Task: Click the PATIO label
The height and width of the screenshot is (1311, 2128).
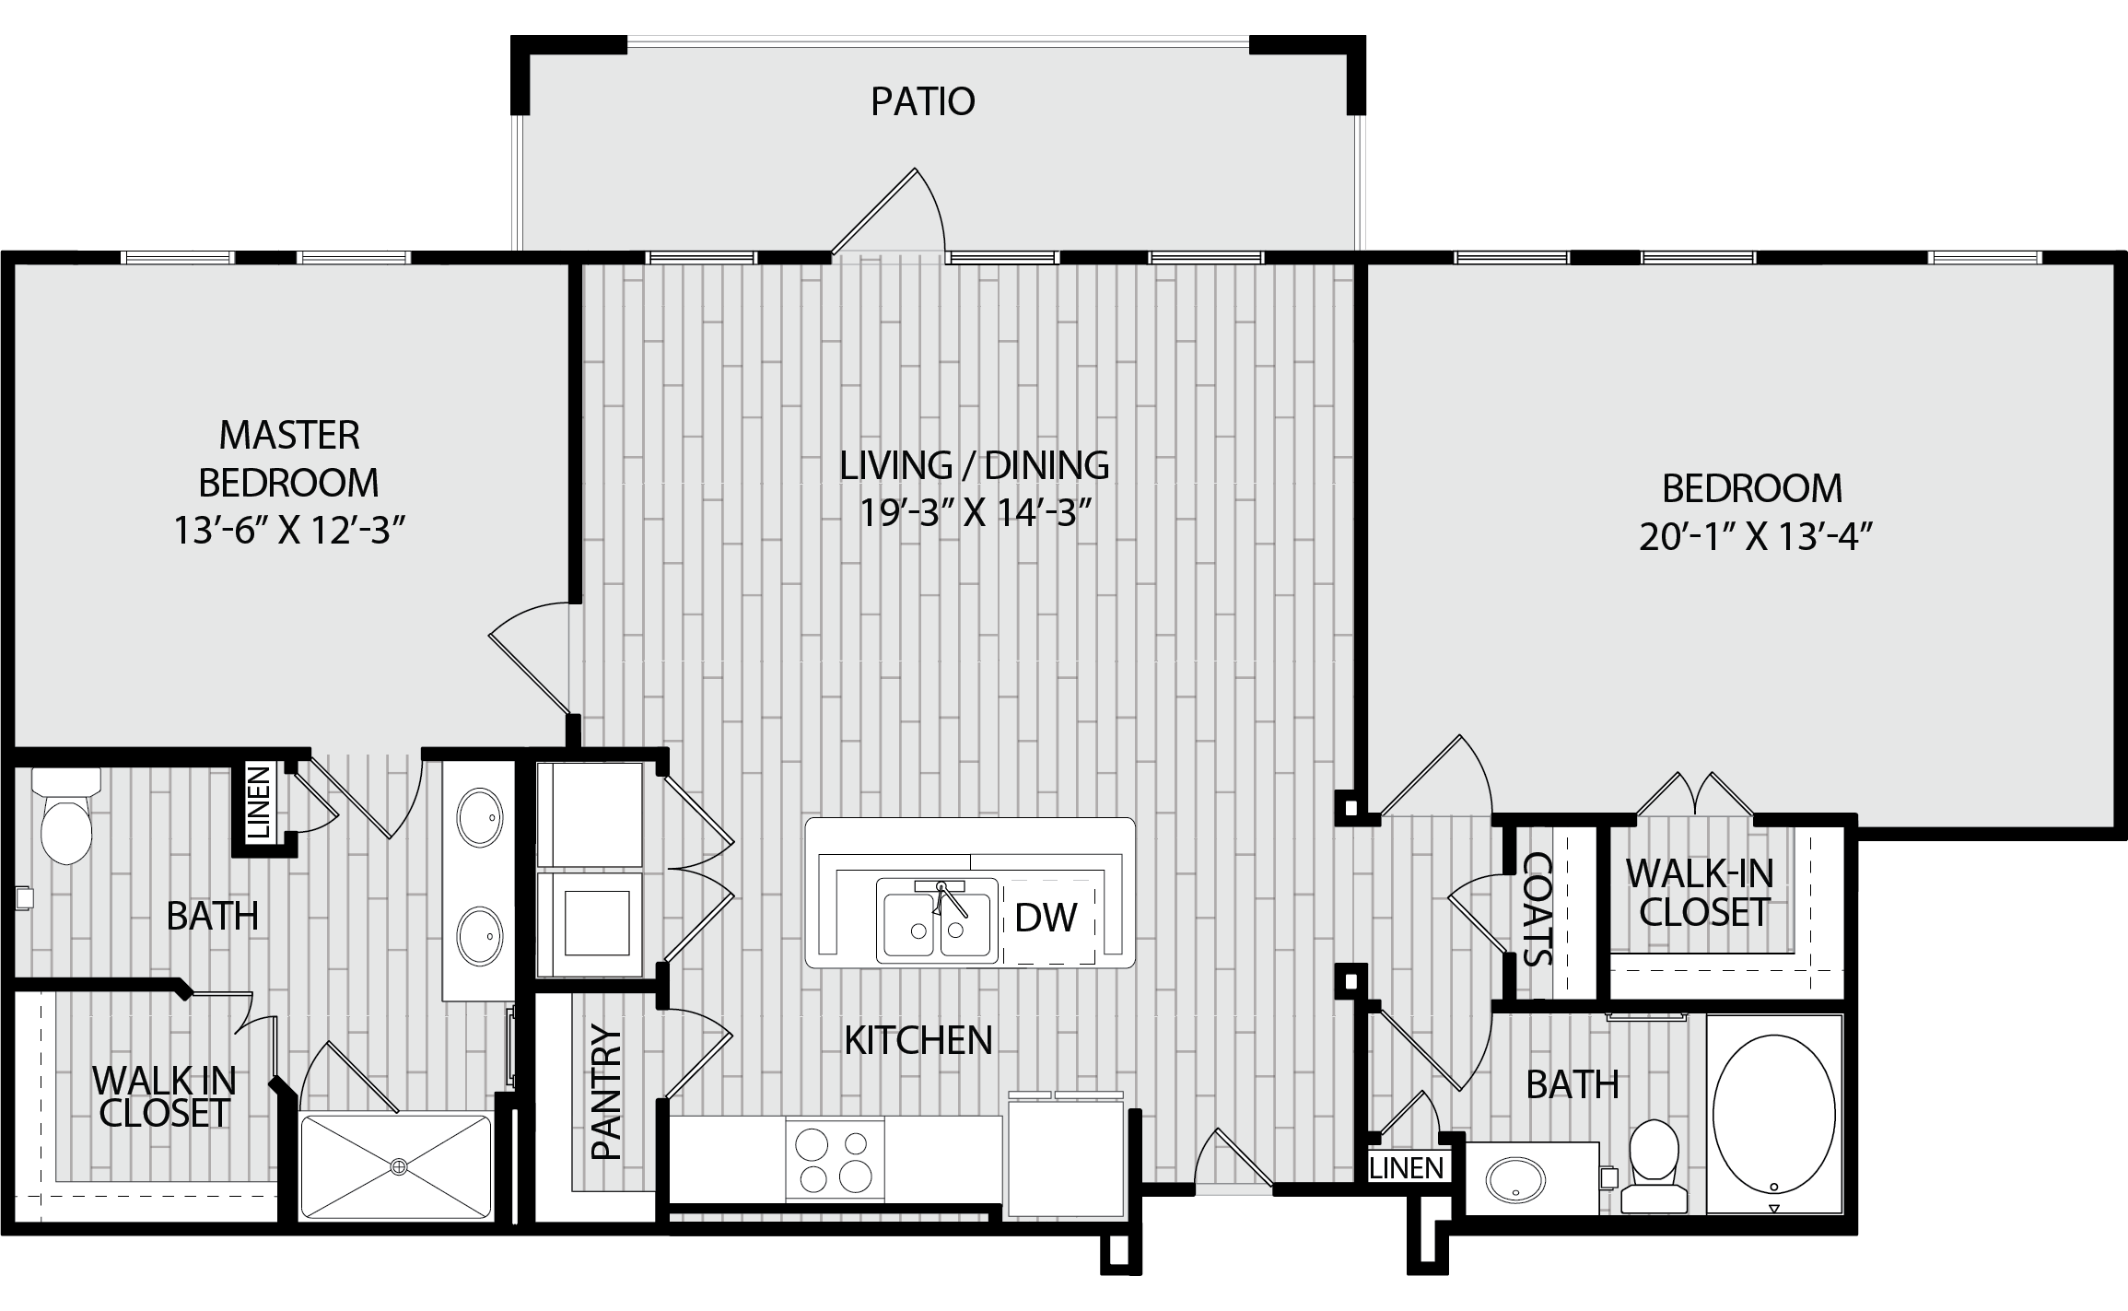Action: click(x=923, y=101)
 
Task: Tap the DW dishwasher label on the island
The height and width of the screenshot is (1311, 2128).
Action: click(x=1046, y=917)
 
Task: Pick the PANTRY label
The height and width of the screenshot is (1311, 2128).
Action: click(x=607, y=1092)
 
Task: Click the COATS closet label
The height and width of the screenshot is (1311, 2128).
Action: click(x=1536, y=908)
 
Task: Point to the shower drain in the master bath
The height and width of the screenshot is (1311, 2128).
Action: click(x=398, y=1166)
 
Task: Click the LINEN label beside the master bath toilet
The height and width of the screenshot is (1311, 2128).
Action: click(x=261, y=802)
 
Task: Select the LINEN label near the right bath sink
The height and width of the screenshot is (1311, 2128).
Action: click(x=1407, y=1168)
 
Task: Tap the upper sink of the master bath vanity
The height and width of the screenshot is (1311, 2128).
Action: click(x=481, y=816)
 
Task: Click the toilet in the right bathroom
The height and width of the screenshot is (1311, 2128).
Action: click(x=1654, y=1165)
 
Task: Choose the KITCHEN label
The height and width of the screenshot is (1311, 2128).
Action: click(x=918, y=1040)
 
